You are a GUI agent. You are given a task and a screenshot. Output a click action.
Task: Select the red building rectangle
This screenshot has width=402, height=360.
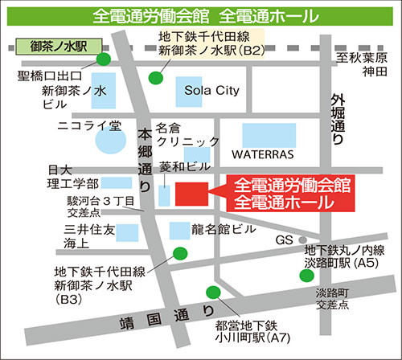coord(191,194)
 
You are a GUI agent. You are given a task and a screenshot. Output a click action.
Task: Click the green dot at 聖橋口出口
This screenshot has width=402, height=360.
coord(104,59)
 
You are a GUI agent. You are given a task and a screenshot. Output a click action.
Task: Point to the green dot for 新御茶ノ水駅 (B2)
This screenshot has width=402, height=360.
coord(156,78)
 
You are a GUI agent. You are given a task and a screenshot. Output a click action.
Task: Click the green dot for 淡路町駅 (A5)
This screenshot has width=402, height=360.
coord(306,275)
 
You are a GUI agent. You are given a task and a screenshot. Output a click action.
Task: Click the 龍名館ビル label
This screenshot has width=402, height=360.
coord(224,229)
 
